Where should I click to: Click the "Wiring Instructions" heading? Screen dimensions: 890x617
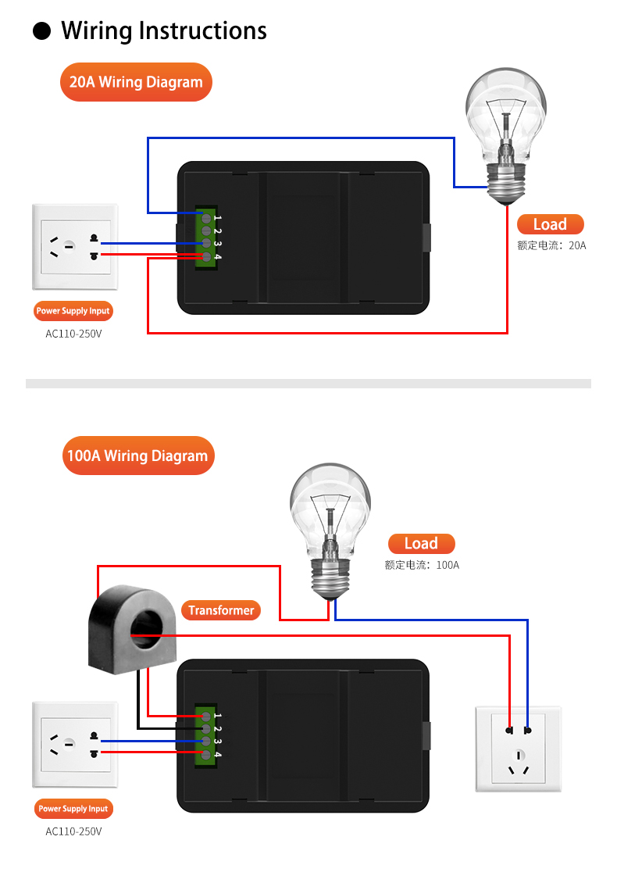point(164,30)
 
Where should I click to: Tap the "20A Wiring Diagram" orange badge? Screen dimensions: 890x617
point(136,82)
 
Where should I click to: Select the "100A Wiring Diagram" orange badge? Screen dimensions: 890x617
point(137,456)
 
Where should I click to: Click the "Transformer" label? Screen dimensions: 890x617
point(221,610)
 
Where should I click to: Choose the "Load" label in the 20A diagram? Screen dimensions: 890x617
point(550,224)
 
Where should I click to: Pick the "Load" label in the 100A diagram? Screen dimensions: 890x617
point(421,544)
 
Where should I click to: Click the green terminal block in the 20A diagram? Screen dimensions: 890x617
point(206,238)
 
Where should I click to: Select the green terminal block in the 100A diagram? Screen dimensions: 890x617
point(206,735)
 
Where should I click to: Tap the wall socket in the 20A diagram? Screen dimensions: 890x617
point(75,247)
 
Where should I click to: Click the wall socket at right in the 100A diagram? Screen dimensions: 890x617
point(519,749)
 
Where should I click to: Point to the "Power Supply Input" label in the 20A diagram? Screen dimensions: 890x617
point(73,311)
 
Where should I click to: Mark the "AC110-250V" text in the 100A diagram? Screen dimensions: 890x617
point(73,831)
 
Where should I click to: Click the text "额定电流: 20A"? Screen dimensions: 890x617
point(551,245)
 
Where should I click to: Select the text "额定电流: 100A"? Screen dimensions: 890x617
point(422,564)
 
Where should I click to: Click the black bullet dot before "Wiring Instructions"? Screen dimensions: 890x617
point(42,31)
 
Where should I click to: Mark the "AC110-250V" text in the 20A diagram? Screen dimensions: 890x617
point(73,334)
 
